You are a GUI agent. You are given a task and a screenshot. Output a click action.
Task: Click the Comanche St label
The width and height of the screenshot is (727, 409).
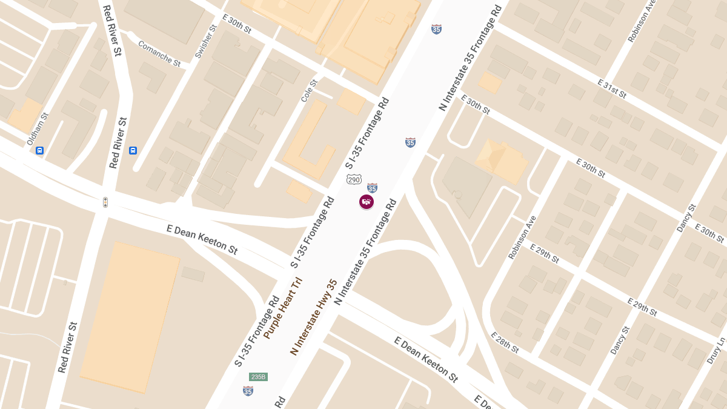pyautogui.click(x=159, y=54)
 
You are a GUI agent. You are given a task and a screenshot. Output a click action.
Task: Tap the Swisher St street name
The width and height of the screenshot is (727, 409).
pyautogui.click(x=206, y=42)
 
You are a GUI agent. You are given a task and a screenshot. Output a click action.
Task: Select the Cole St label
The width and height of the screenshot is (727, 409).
pyautogui.click(x=309, y=90)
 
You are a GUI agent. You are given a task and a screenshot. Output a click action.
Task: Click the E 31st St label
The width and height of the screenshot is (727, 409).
pyautogui.click(x=611, y=88)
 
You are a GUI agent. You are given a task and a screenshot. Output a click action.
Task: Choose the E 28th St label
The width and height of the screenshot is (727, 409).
pyautogui.click(x=505, y=342)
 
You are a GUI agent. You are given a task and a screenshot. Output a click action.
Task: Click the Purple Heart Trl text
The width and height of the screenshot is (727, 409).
pyautogui.click(x=282, y=308)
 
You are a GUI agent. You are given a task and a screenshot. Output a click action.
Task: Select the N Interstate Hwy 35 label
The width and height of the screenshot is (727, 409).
pyautogui.click(x=313, y=317)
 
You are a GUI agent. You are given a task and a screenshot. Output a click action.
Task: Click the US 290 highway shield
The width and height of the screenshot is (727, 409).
pyautogui.click(x=354, y=179)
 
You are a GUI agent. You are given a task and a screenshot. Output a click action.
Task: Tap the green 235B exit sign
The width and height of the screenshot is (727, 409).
pyautogui.click(x=258, y=377)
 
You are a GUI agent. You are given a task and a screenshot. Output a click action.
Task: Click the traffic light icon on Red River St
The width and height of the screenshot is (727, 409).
pyautogui.click(x=105, y=202)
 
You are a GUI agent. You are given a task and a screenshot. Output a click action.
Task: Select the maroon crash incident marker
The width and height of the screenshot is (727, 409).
pyautogui.click(x=367, y=202)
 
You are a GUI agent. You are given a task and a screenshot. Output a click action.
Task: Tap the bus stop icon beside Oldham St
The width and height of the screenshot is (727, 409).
pyautogui.click(x=40, y=150)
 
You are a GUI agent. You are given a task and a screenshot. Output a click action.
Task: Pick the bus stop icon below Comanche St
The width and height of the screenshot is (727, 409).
pyautogui.click(x=133, y=150)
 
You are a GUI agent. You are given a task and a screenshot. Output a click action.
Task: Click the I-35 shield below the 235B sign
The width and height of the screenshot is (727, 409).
pyautogui.click(x=248, y=391)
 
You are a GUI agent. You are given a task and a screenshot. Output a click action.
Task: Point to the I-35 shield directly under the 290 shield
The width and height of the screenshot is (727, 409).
pyautogui.click(x=372, y=188)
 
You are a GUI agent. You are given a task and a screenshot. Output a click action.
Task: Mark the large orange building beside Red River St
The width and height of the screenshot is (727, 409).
pyautogui.click(x=130, y=316)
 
